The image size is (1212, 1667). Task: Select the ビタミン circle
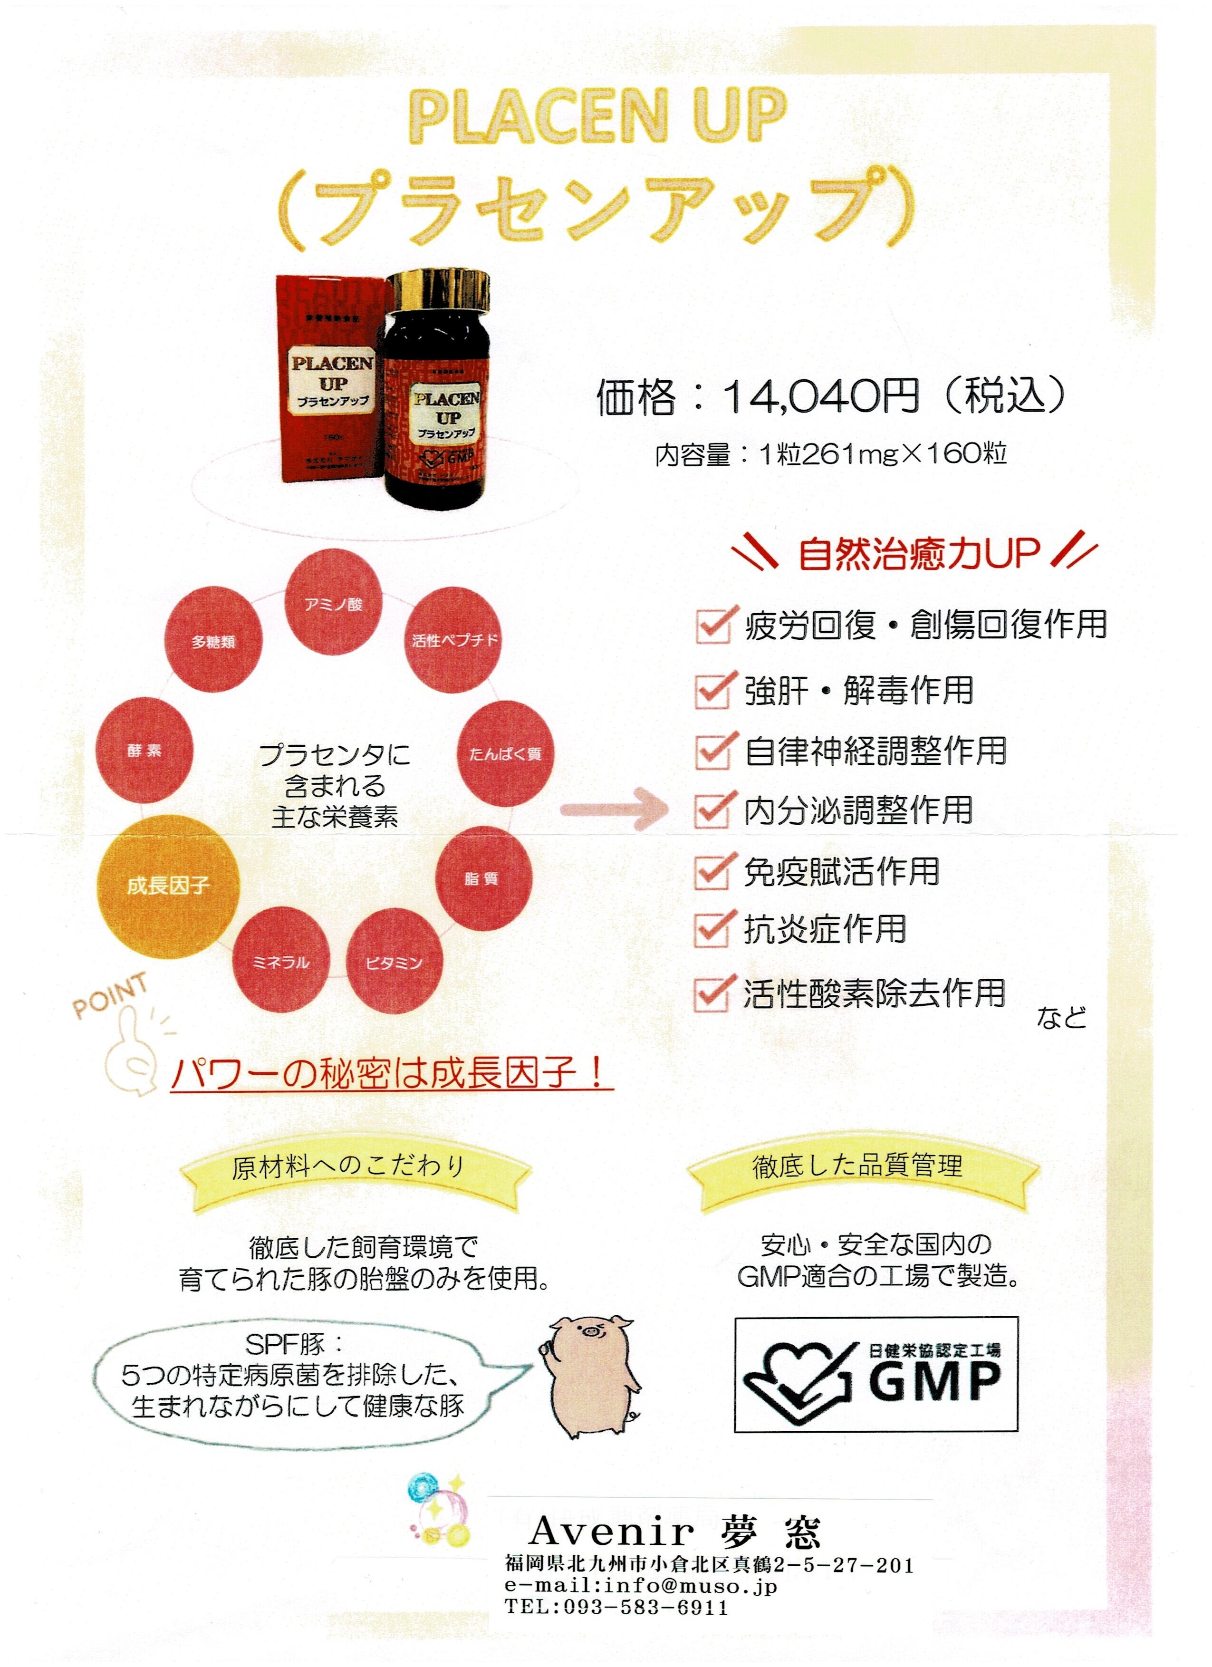(394, 962)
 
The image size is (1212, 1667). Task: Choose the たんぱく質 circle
(506, 753)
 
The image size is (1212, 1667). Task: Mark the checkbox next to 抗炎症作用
(712, 929)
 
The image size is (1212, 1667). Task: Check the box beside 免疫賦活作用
(712, 872)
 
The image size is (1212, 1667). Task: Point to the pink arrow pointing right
(614, 809)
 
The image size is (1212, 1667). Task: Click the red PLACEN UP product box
(331, 378)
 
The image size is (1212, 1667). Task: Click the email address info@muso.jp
(691, 1586)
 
